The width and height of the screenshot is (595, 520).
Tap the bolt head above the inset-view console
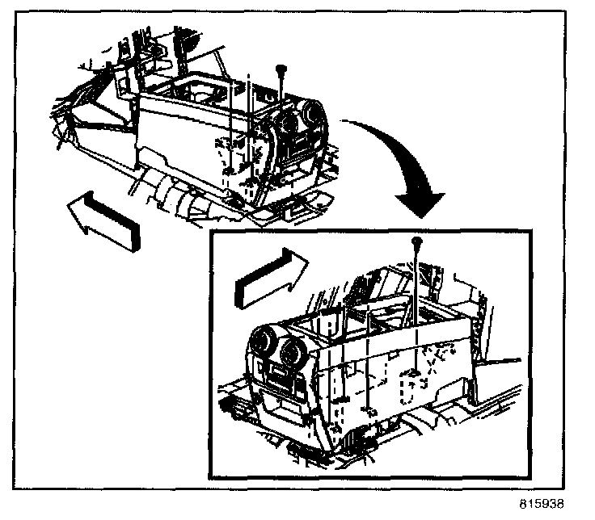tap(416, 241)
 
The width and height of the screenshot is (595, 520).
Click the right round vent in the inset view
tap(293, 353)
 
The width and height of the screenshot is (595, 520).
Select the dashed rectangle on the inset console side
tap(412, 388)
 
